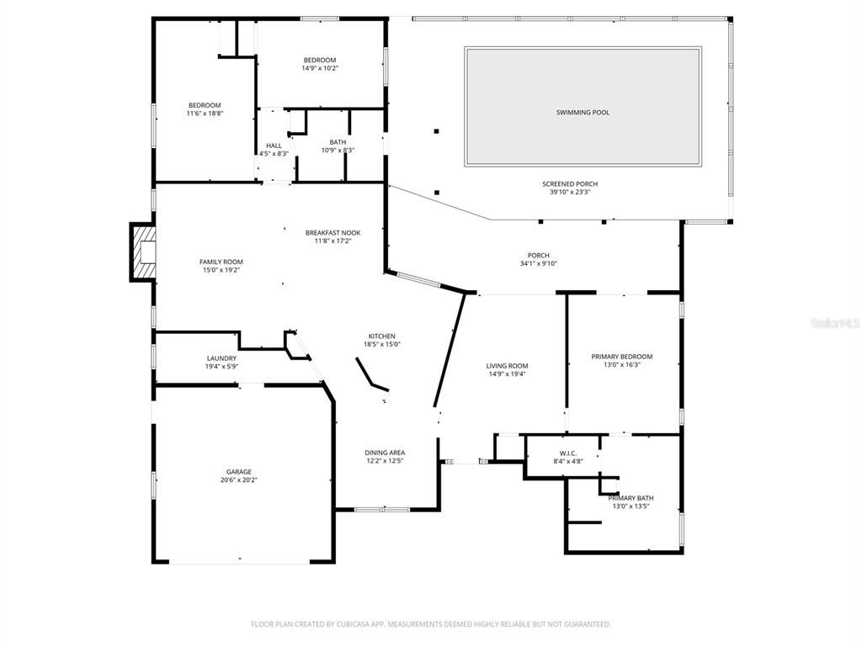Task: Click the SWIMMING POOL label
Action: pos(583,113)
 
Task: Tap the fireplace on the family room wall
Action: pos(143,252)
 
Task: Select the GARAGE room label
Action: pos(238,472)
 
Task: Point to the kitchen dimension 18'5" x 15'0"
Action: pos(381,344)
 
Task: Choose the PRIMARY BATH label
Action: pos(631,498)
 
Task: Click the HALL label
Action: pos(274,146)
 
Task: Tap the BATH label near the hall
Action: pos(338,142)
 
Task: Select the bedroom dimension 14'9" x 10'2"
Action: pos(320,68)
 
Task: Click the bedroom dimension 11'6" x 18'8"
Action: pos(205,114)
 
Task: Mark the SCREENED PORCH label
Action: pos(570,183)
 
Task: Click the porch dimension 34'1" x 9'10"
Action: pos(538,263)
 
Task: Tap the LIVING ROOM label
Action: pos(507,366)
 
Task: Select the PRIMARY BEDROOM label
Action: pos(622,357)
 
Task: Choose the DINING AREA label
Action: pos(385,453)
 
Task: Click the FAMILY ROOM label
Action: pos(221,262)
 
